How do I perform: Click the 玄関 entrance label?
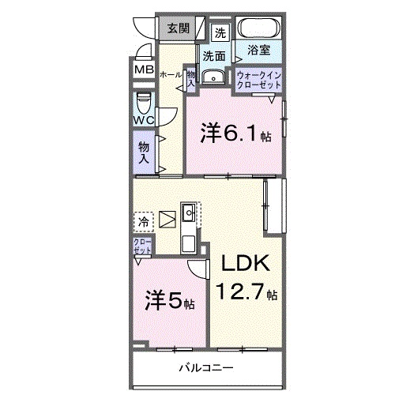pos(178,29)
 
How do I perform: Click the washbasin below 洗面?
pos(213,77)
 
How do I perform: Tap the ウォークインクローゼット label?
pos(258,79)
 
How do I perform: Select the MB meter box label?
pos(143,70)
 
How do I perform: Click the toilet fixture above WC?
pos(144,102)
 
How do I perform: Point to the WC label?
pos(143,120)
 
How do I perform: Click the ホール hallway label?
pos(168,73)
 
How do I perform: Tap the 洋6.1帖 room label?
pos(235,134)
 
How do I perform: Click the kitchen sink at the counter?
pos(190,213)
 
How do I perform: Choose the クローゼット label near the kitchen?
pos(142,246)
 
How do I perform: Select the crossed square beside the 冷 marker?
pos(168,218)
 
